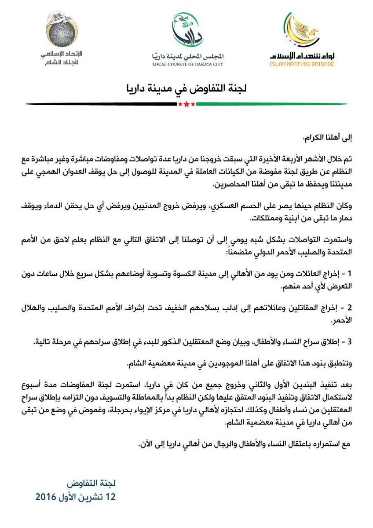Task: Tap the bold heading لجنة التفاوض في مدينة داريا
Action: click(186, 88)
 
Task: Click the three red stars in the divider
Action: click(184, 104)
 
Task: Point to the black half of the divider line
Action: click(101, 104)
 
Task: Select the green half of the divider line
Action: click(268, 104)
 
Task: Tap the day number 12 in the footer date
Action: click(110, 498)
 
